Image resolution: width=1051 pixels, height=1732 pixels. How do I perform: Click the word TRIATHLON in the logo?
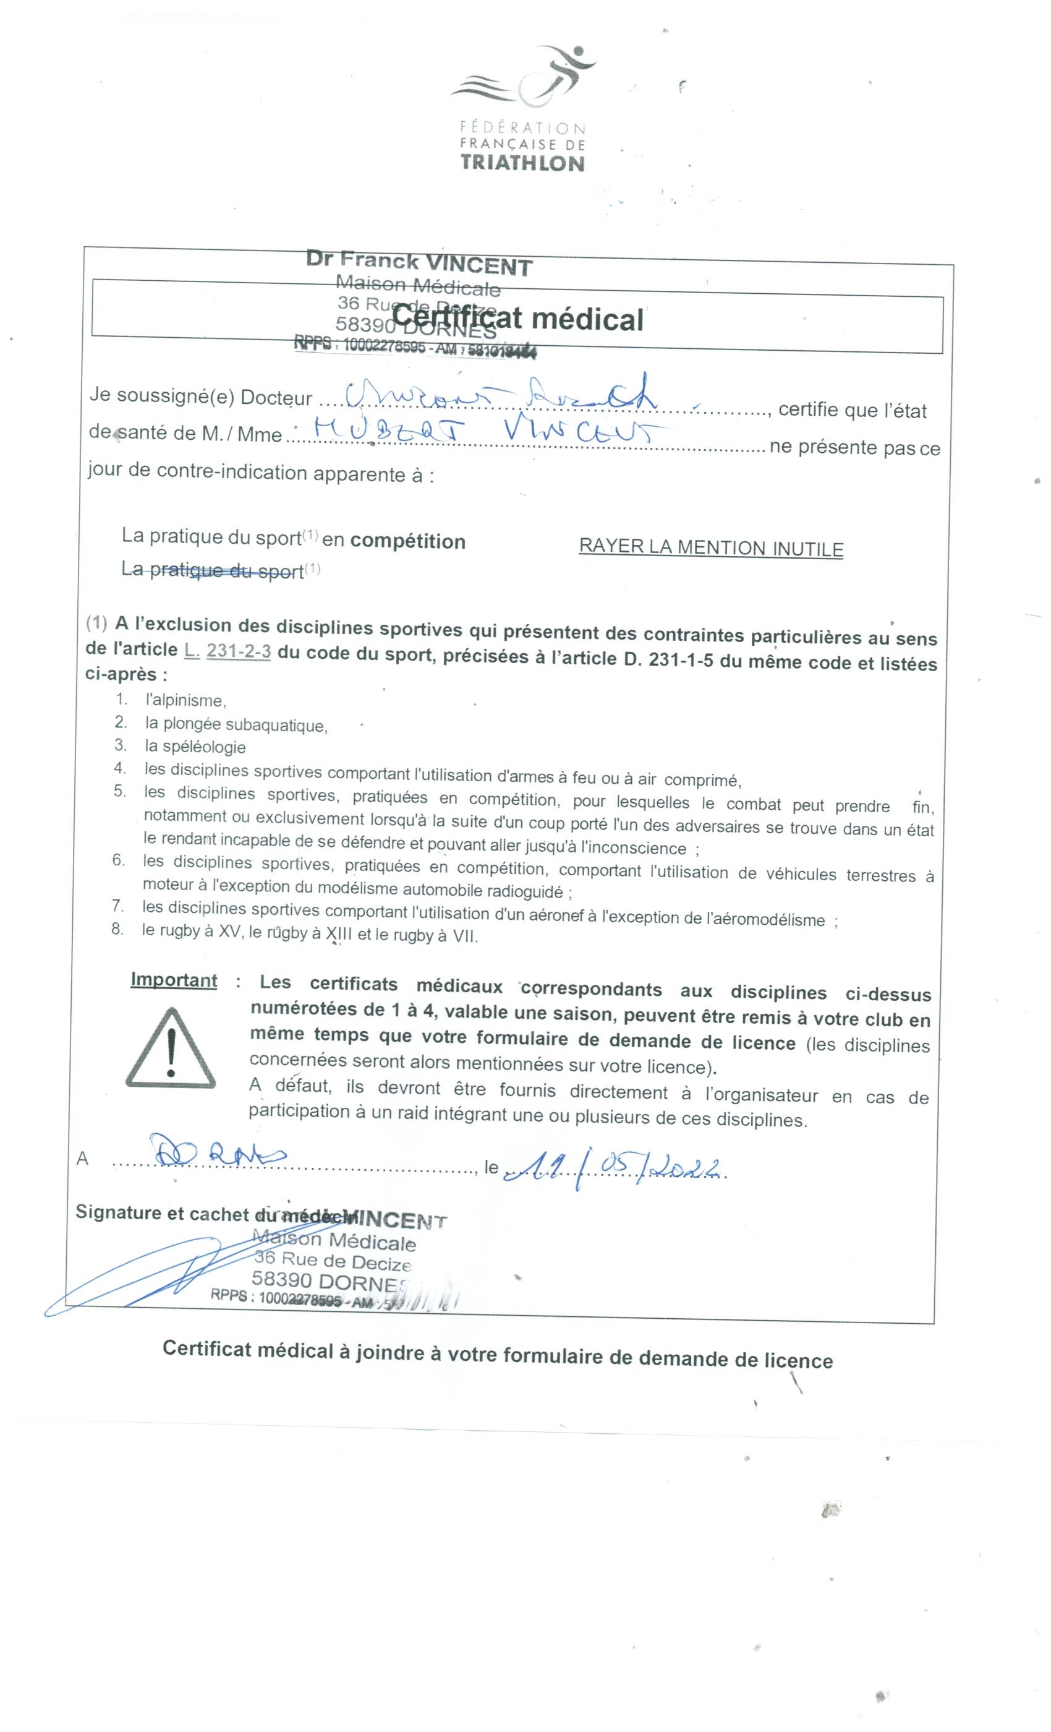point(522,163)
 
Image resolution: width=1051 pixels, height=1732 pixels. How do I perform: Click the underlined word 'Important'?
point(174,980)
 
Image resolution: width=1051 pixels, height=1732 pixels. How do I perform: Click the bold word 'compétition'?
point(407,541)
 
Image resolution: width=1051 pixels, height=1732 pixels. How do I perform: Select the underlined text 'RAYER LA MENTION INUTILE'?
point(710,547)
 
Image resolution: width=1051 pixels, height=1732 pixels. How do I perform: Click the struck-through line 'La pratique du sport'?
point(213,569)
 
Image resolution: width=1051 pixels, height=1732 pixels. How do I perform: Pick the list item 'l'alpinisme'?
point(185,700)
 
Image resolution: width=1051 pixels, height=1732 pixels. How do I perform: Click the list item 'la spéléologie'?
point(195,747)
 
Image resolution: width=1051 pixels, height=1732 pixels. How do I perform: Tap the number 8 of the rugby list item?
point(117,928)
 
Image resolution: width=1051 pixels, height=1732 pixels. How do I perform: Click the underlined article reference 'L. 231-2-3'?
point(228,651)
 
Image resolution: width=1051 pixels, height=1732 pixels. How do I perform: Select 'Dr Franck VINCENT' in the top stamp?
point(419,264)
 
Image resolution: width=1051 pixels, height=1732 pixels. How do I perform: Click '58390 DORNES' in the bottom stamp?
point(329,1280)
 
